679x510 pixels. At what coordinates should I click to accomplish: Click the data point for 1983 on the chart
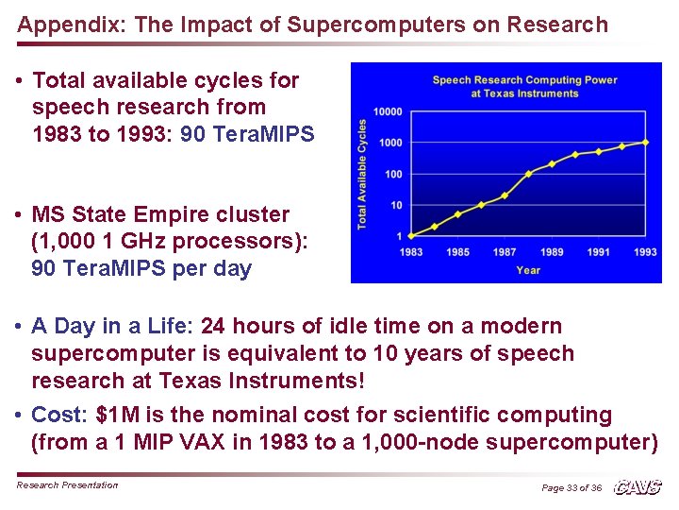[x=411, y=235]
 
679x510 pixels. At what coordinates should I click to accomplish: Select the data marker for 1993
[x=645, y=142]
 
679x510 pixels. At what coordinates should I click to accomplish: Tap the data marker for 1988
[x=528, y=174]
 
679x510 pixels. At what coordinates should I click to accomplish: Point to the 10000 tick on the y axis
[x=388, y=111]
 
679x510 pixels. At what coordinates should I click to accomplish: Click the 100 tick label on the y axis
[x=393, y=174]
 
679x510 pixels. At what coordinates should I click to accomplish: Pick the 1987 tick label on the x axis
[x=505, y=252]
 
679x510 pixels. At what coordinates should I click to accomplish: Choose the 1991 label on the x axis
[x=598, y=252]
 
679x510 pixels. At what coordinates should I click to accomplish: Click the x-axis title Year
[x=528, y=270]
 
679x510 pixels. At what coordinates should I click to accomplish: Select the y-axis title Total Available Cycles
[x=361, y=174]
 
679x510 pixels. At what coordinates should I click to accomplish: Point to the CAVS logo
[x=638, y=487]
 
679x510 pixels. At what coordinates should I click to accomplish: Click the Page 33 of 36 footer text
[x=571, y=487]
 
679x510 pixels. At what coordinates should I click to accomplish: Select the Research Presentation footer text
[x=68, y=485]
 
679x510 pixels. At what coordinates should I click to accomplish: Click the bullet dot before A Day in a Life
[x=19, y=327]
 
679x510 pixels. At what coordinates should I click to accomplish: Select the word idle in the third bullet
[x=319, y=327]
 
